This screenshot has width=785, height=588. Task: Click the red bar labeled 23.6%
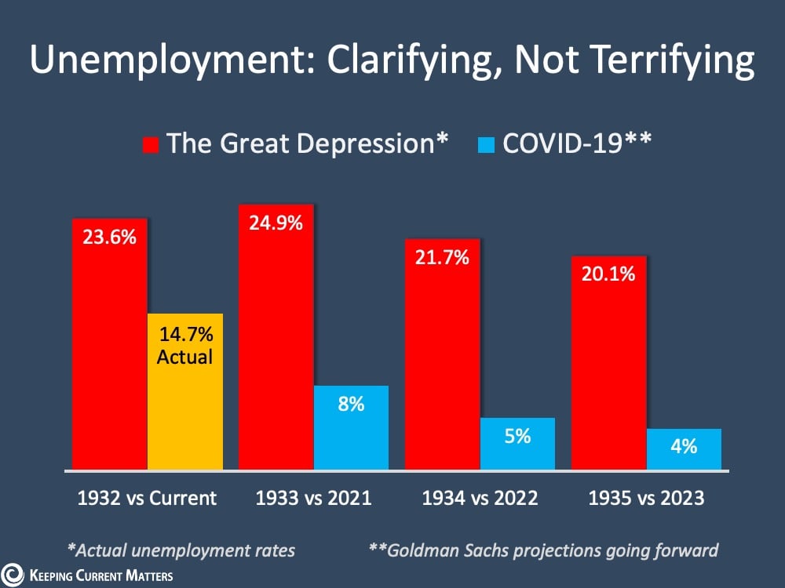109,345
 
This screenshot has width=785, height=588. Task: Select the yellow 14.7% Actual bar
185,392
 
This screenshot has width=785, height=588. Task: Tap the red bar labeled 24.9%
276,337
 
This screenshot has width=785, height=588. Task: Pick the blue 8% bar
351,428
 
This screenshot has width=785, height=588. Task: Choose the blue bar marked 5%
517,444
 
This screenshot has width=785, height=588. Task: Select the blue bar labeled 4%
684,449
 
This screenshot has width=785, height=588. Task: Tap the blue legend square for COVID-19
486,145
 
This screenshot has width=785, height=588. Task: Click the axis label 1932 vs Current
147,498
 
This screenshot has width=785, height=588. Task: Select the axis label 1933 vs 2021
314,498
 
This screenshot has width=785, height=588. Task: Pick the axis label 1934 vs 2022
480,498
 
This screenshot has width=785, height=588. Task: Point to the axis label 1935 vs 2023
646,498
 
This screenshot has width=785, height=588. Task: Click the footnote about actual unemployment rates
181,550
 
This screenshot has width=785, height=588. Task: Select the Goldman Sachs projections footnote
543,550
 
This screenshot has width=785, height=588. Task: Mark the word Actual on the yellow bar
185,357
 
